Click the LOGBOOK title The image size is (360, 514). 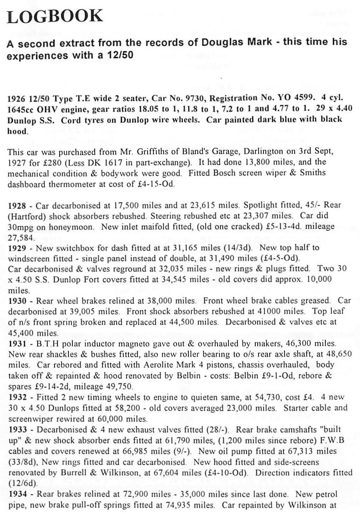click(55, 16)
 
